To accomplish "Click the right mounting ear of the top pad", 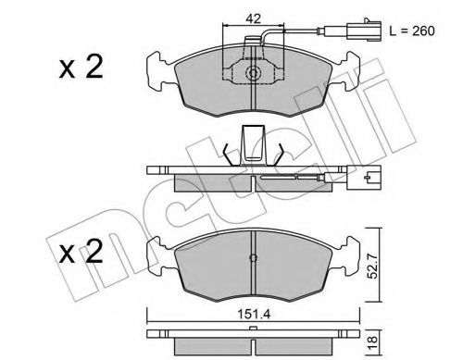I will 350,68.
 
